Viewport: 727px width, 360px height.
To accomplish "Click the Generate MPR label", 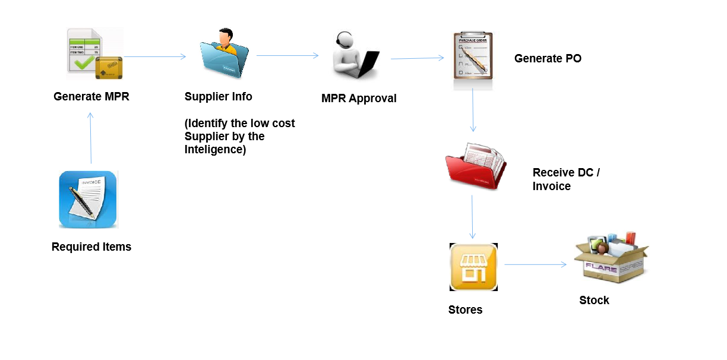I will coord(91,97).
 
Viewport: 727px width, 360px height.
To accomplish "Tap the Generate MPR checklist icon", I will coord(94,54).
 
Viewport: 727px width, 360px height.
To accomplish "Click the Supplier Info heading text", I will coord(218,97).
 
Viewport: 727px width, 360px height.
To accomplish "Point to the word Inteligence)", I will coord(215,149).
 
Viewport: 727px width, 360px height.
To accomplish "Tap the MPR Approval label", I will coord(359,99).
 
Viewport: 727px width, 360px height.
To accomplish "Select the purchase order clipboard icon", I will coord(473,56).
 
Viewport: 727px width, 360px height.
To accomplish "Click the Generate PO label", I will coord(548,58).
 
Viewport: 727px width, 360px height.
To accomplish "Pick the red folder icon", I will coord(475,165).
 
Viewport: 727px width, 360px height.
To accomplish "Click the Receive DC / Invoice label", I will coord(566,179).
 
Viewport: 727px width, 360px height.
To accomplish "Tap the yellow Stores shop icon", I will coord(473,267).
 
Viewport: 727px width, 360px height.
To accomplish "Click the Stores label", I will coord(465,310).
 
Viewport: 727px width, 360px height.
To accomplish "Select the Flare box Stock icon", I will coord(611,259).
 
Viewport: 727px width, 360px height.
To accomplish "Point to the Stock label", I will coord(594,300).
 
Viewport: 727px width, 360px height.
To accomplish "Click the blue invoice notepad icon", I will coord(88,200).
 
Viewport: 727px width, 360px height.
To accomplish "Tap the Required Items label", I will coord(91,247).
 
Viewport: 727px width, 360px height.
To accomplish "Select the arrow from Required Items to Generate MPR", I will coord(91,137).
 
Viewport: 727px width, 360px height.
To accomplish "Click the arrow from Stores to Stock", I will coord(535,264).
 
